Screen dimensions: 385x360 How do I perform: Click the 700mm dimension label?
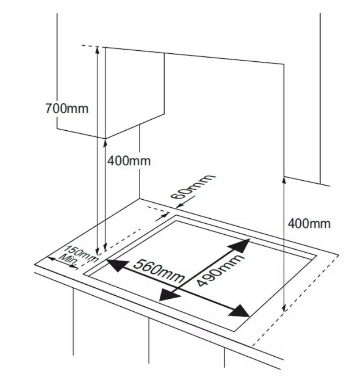(67, 108)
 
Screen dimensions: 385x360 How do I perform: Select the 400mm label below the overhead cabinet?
(128, 161)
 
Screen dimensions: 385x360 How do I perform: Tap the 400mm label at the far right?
(309, 223)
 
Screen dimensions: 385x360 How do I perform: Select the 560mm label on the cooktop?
(158, 271)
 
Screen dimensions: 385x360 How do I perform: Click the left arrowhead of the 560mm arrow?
(112, 265)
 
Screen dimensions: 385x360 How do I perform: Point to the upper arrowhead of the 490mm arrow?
(242, 244)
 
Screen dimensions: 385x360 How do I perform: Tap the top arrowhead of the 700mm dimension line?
(97, 49)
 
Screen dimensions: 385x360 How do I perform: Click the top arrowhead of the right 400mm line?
(283, 179)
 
